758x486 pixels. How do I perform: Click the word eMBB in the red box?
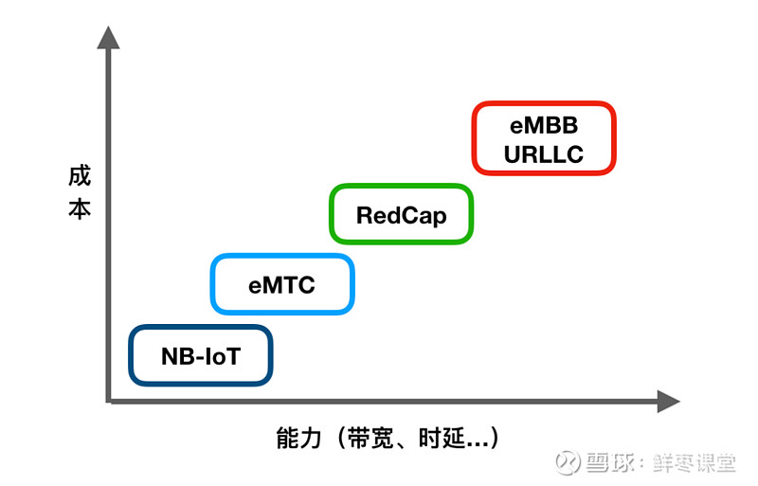tap(544, 126)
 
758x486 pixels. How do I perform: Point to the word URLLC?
tap(544, 154)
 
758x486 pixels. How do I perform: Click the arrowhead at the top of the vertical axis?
tap(108, 37)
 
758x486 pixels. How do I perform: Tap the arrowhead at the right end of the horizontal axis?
tap(669, 402)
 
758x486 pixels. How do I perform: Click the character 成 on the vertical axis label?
tap(80, 175)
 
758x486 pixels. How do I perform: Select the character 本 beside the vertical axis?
tap(80, 209)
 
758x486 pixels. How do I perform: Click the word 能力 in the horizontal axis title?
tap(298, 438)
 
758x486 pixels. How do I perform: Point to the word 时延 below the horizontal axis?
tap(442, 438)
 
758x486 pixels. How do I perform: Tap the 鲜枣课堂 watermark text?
tap(694, 462)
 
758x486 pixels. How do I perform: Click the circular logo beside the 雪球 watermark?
tap(568, 462)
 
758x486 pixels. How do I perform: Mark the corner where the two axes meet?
tap(108, 401)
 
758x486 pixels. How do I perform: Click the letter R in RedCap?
tap(365, 215)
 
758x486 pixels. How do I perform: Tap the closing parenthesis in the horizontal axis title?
tap(495, 438)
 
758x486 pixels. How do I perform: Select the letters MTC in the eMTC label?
tap(289, 285)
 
